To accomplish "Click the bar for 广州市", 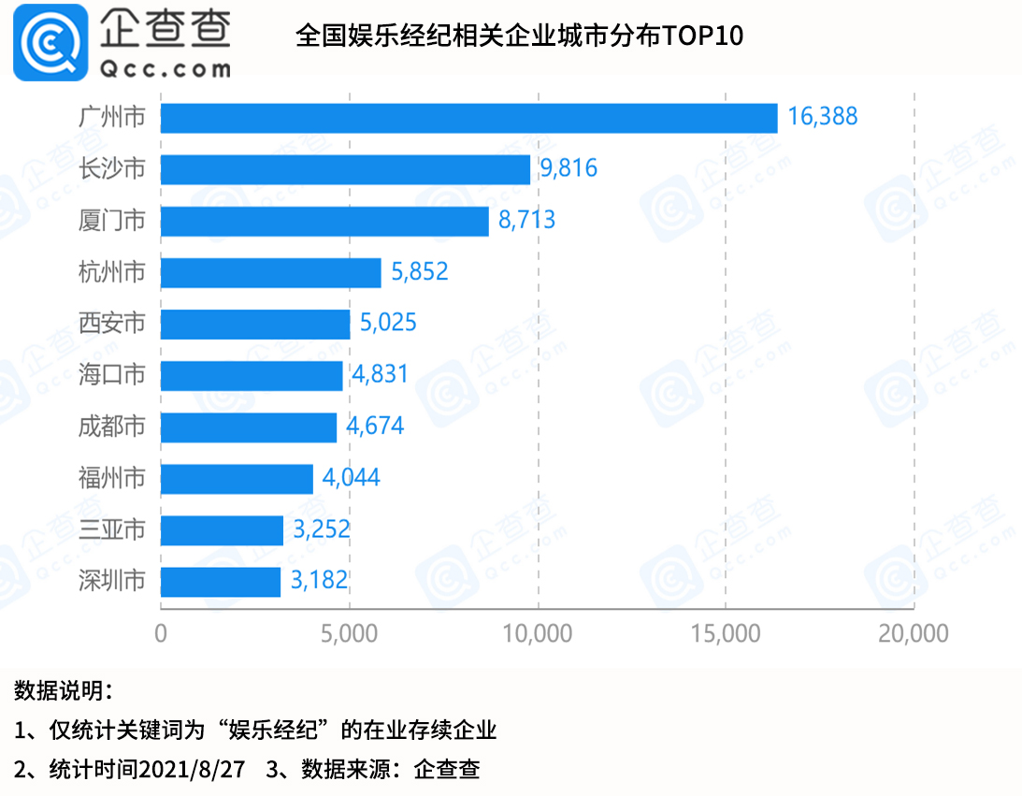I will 468,118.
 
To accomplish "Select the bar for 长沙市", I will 345,169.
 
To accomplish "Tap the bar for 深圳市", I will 221,582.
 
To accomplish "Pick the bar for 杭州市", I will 271,272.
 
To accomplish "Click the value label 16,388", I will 822,117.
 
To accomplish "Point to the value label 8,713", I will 526,221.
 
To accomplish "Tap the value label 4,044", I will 351,479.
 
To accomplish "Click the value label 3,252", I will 321,530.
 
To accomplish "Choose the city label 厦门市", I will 111,221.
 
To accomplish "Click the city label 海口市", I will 111,375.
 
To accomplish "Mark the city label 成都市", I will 111,427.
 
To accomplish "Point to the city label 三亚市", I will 111,530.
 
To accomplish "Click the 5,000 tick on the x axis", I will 349,633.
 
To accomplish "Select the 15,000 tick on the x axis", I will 725,633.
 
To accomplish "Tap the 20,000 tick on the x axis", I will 912,633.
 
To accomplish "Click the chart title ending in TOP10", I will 519,36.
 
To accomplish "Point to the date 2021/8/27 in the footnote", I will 192,769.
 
